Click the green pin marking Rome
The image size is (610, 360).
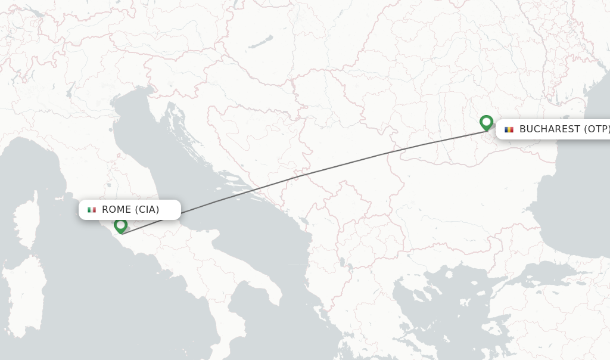[x=121, y=225]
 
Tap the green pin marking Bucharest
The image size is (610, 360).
[x=486, y=122]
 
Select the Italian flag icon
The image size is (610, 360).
[x=92, y=210]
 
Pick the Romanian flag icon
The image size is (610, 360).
[x=509, y=129]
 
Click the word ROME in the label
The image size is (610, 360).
[x=116, y=210]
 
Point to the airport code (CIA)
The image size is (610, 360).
[x=147, y=210]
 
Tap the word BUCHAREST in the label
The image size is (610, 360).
[x=549, y=129]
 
